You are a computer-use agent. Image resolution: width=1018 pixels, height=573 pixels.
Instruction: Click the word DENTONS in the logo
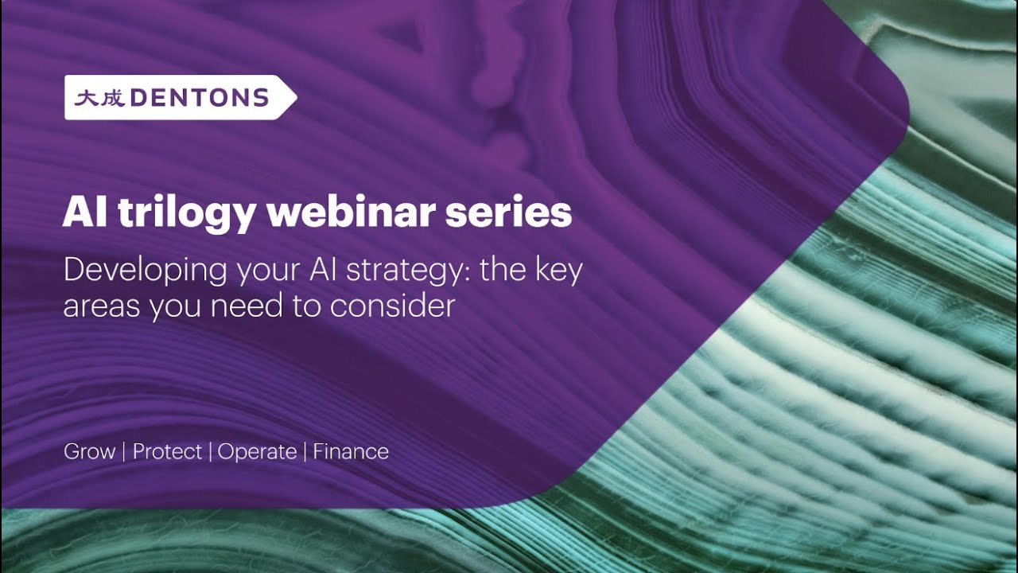click(x=199, y=98)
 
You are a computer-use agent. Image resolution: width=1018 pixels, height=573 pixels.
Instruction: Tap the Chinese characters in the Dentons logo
click(x=99, y=98)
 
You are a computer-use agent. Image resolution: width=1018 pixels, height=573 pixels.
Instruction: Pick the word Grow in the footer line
click(x=89, y=452)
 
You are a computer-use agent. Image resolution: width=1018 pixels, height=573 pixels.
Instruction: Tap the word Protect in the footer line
click(x=167, y=452)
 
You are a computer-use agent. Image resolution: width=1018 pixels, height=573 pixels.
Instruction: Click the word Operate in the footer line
click(x=257, y=452)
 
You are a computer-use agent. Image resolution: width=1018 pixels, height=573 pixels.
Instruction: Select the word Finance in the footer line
click(x=351, y=452)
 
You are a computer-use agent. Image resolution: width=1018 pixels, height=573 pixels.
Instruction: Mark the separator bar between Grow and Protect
click(x=124, y=452)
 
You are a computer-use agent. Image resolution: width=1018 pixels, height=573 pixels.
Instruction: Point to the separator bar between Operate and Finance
click(x=305, y=452)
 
